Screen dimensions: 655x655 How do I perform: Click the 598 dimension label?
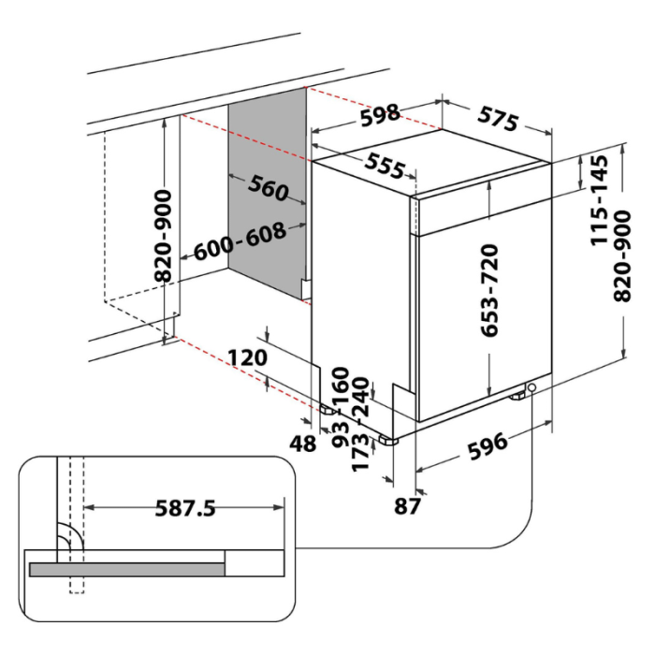380,115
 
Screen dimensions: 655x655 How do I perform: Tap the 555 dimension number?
385,166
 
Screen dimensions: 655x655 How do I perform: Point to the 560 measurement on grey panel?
268,188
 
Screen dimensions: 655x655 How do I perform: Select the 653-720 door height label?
488,289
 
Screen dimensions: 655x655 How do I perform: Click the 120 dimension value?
247,357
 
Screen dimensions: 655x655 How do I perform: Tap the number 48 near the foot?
302,444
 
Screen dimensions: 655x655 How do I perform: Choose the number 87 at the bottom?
406,506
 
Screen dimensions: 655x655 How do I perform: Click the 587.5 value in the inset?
184,508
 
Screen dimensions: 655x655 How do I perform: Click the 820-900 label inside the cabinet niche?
165,235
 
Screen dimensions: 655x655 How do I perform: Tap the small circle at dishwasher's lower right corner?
532,386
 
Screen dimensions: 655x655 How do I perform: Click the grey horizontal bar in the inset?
127,568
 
